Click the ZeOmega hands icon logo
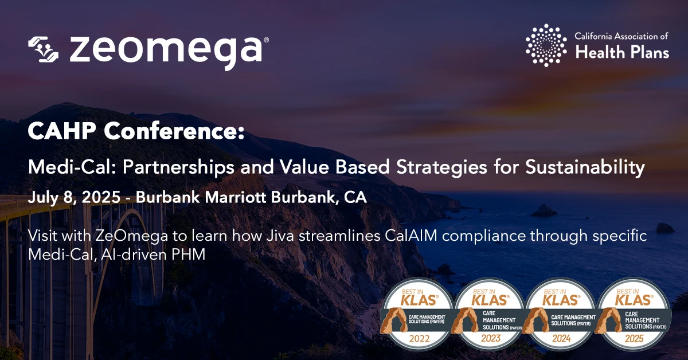[x=43, y=49]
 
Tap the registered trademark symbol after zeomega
[x=266, y=40]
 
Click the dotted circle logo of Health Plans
[x=546, y=45]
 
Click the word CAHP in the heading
[x=61, y=131]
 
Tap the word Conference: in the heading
[x=174, y=131]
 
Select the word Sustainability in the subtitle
[x=585, y=168]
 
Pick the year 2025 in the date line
[x=101, y=197]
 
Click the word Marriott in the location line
[x=235, y=197]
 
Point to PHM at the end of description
[x=188, y=255]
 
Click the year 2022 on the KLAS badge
[x=419, y=338]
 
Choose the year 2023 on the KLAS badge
[x=491, y=338]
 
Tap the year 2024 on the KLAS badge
[x=561, y=338]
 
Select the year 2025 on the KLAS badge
[x=634, y=338]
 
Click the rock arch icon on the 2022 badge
[x=393, y=320]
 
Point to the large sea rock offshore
[x=544, y=210]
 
